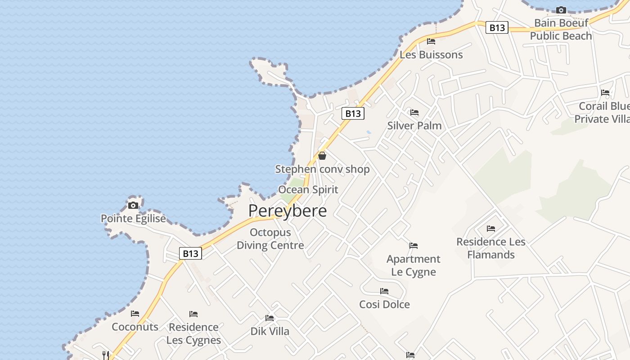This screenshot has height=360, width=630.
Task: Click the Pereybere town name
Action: [288, 211]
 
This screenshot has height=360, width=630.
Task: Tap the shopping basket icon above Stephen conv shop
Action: [322, 156]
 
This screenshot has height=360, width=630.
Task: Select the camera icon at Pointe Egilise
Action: [133, 205]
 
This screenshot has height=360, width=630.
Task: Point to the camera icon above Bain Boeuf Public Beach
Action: [561, 10]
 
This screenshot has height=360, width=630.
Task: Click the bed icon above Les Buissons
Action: [431, 41]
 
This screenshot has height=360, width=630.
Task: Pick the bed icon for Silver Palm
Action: [414, 112]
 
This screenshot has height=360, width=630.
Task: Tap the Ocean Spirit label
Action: [308, 189]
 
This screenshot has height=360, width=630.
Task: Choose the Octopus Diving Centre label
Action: [270, 239]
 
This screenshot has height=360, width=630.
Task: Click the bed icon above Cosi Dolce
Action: [384, 291]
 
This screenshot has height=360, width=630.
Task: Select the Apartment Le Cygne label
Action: [414, 265]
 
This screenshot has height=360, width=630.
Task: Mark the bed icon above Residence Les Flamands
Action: [491, 229]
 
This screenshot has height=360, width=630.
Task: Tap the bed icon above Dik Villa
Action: [270, 318]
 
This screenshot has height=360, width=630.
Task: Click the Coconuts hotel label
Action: [135, 327]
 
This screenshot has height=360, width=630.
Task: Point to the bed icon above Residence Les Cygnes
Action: [193, 314]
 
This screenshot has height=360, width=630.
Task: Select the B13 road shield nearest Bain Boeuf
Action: [497, 28]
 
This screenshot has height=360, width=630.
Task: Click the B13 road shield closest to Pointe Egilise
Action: [190, 254]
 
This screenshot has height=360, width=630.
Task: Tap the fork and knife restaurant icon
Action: [106, 355]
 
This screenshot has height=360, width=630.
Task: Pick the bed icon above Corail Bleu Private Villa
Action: [605, 93]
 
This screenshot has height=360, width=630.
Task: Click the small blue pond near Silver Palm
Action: [369, 132]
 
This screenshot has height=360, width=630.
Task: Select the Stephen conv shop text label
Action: [322, 169]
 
